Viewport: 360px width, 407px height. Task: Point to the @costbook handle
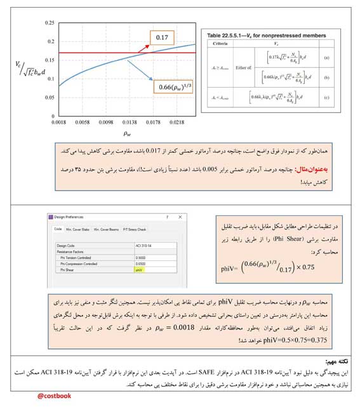pyautogui.click(x=55, y=396)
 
